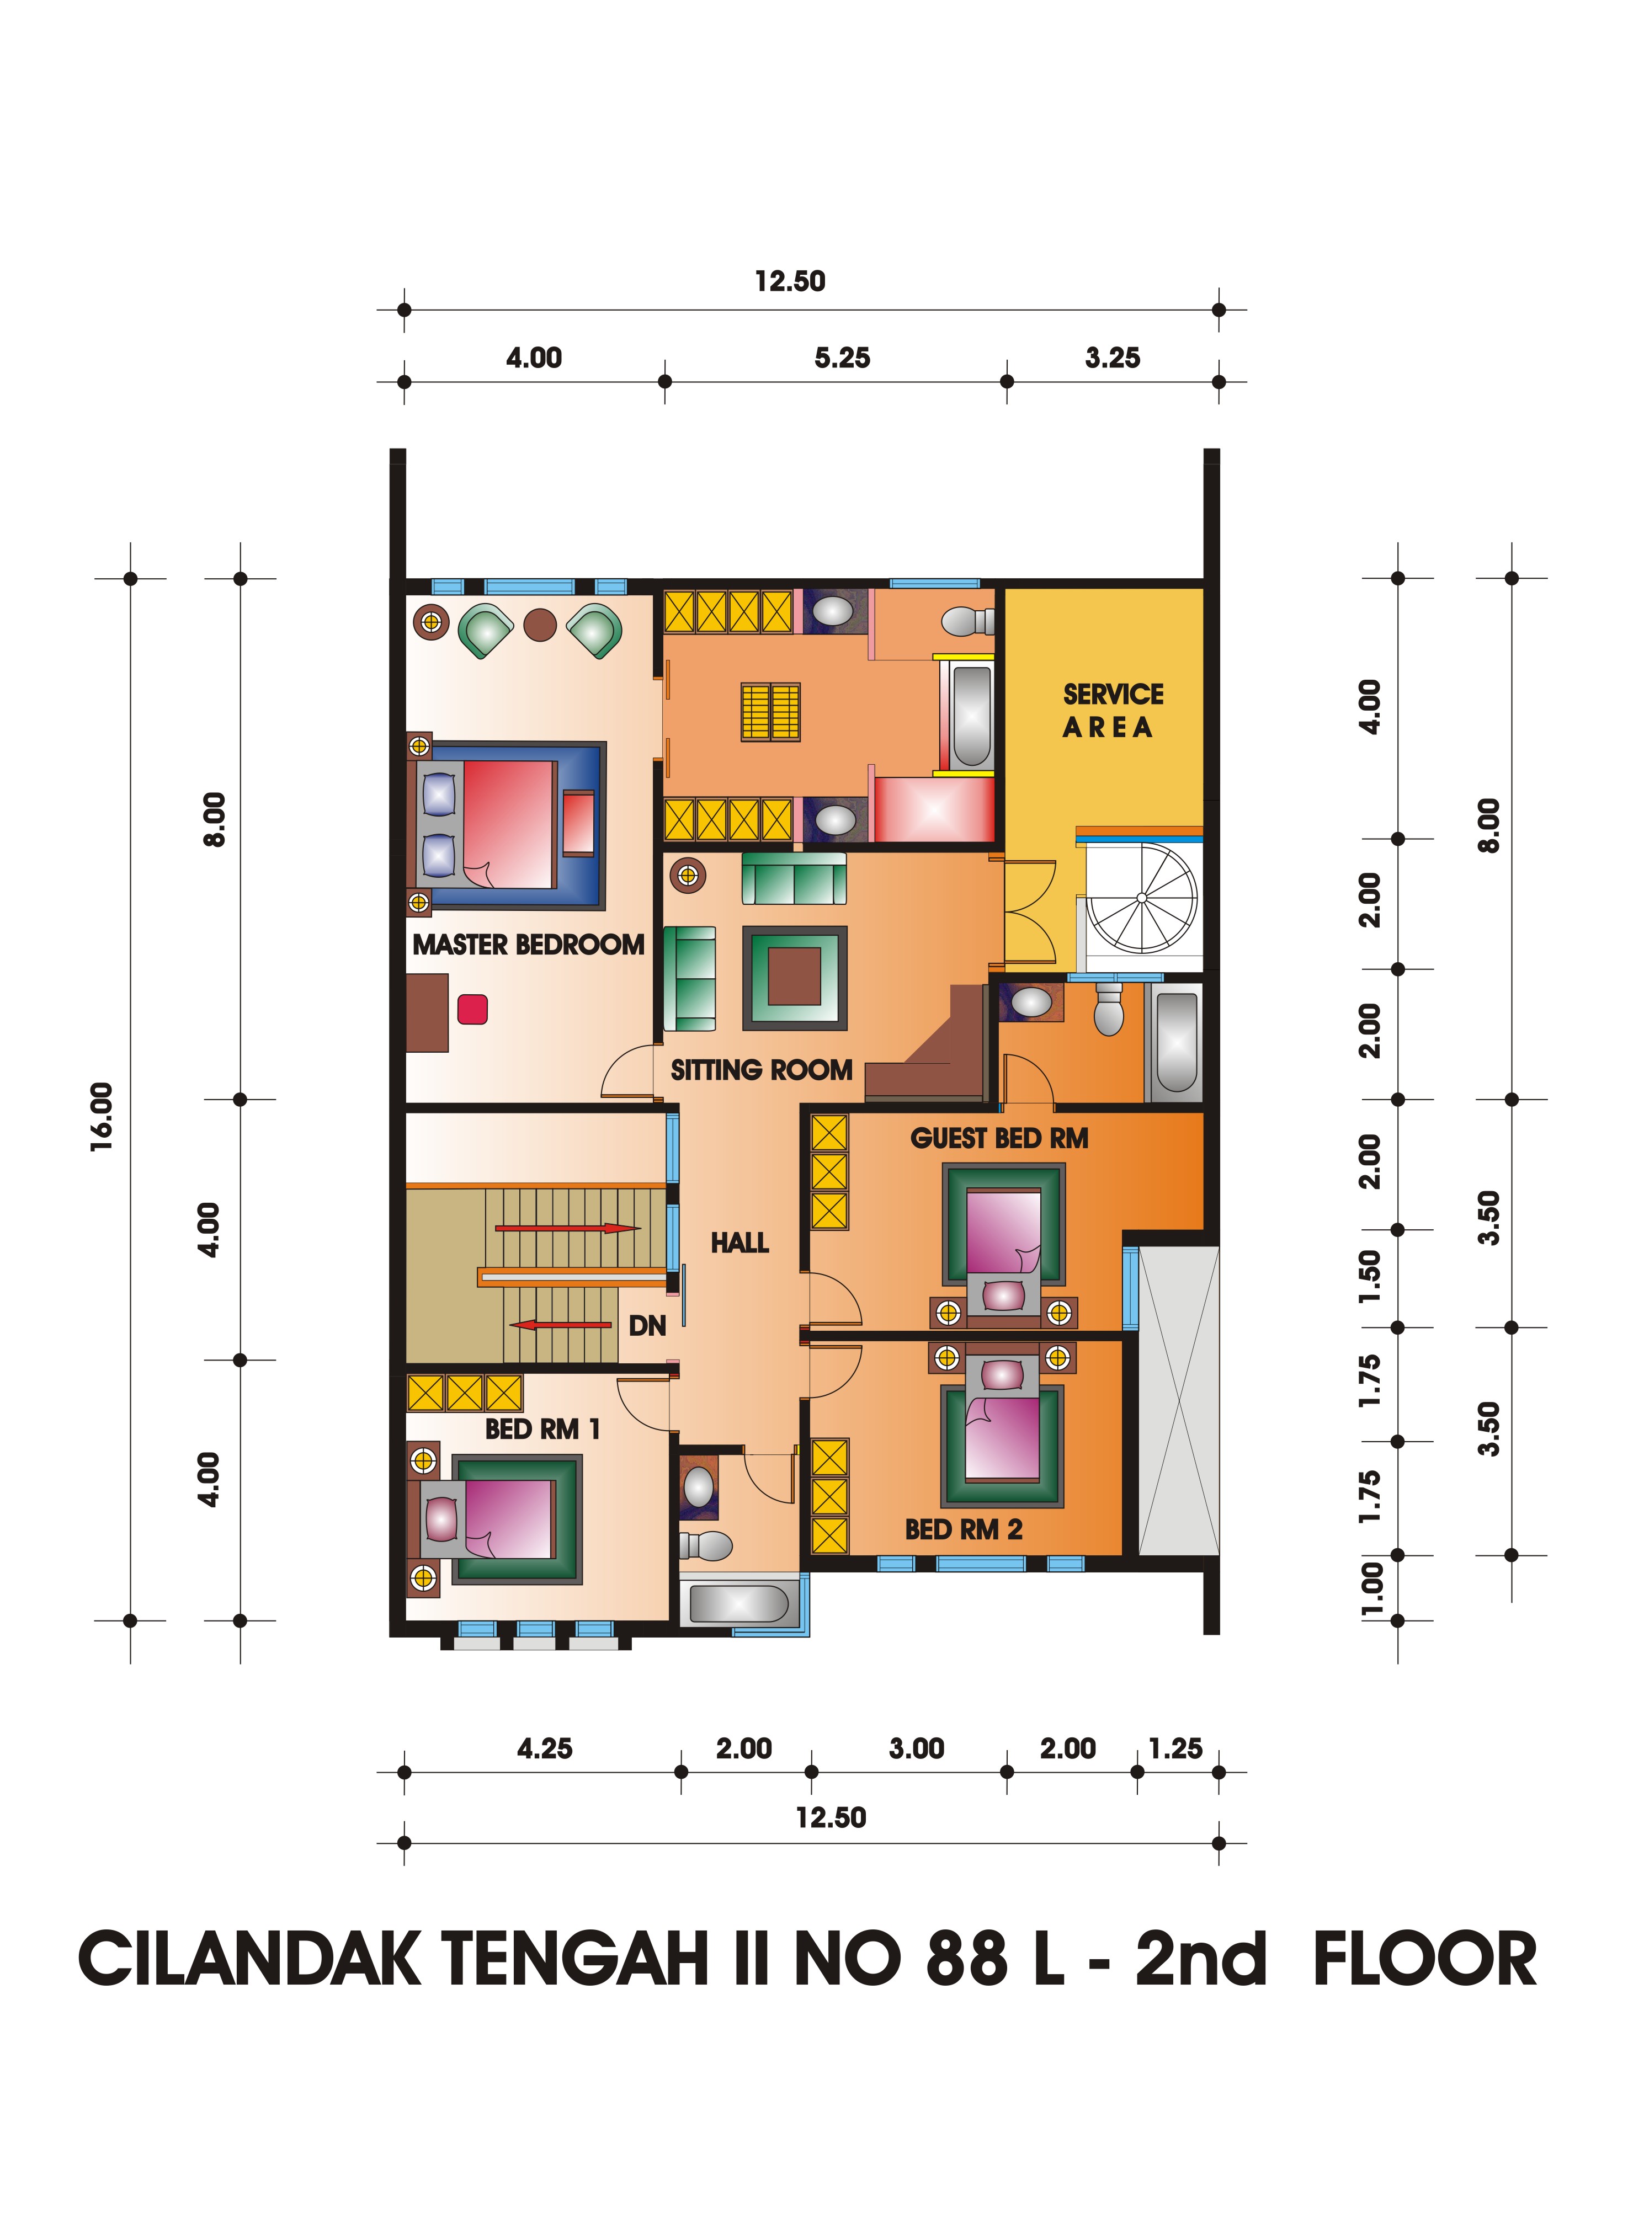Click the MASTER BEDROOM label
pyautogui.click(x=529, y=945)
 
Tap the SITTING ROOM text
pyautogui.click(x=762, y=1070)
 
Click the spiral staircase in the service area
pyautogui.click(x=1141, y=899)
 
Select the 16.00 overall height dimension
pyautogui.click(x=103, y=1117)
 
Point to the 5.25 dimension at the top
pyautogui.click(x=842, y=358)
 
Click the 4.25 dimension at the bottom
pyautogui.click(x=544, y=1748)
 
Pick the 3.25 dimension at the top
pyautogui.click(x=1113, y=358)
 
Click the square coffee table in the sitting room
pyautogui.click(x=795, y=978)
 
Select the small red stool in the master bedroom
pyautogui.click(x=473, y=1009)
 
